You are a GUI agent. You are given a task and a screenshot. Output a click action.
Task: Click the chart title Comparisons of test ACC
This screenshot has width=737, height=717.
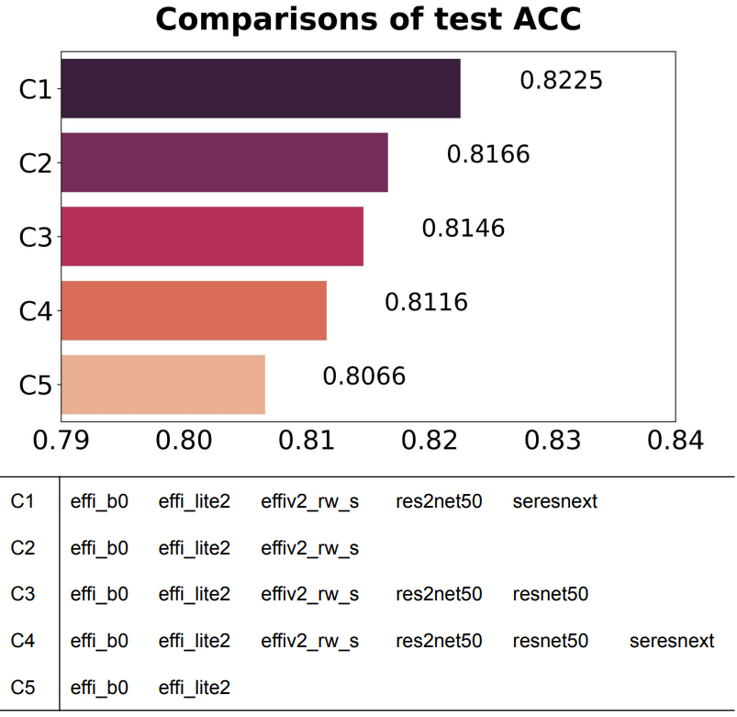(368, 19)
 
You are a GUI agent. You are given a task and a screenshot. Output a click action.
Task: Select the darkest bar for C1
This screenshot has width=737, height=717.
(261, 88)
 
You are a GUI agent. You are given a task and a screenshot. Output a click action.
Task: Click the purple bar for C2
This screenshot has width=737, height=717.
(224, 162)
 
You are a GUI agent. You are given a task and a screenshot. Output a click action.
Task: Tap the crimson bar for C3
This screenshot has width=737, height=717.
(212, 236)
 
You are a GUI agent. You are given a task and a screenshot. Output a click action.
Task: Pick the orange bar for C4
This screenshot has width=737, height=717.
(194, 310)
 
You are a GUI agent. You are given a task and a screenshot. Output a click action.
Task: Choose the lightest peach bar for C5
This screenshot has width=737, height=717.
(162, 384)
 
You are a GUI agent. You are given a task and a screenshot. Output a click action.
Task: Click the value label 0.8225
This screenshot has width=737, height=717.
(561, 81)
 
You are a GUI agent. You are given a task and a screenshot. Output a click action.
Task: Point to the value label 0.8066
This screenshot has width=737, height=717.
(363, 376)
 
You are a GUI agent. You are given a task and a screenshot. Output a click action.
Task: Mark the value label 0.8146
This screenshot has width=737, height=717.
(463, 229)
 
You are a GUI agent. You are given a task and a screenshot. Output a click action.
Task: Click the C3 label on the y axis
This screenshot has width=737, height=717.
(35, 237)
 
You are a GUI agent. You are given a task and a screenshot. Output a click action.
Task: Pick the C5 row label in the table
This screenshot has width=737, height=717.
(23, 687)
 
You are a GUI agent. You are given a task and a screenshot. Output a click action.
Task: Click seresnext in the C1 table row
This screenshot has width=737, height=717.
(555, 502)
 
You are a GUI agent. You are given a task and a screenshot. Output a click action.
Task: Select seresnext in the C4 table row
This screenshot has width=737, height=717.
(671, 641)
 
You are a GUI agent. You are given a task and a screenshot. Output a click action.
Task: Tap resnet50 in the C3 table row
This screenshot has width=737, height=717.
(551, 595)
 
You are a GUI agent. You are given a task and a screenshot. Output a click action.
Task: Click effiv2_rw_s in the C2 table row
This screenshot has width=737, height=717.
(309, 549)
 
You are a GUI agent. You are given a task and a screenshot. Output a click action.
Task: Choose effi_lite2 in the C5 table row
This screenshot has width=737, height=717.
(194, 687)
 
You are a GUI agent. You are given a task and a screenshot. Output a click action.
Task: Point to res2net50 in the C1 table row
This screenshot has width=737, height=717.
(439, 502)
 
